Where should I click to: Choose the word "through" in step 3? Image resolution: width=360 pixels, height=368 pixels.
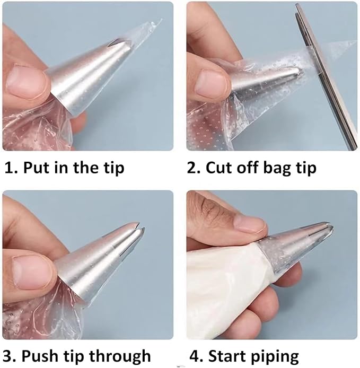point(120,356)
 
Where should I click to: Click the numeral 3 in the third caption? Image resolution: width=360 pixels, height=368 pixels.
point(8,356)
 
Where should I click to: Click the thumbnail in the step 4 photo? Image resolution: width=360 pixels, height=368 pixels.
point(250,225)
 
